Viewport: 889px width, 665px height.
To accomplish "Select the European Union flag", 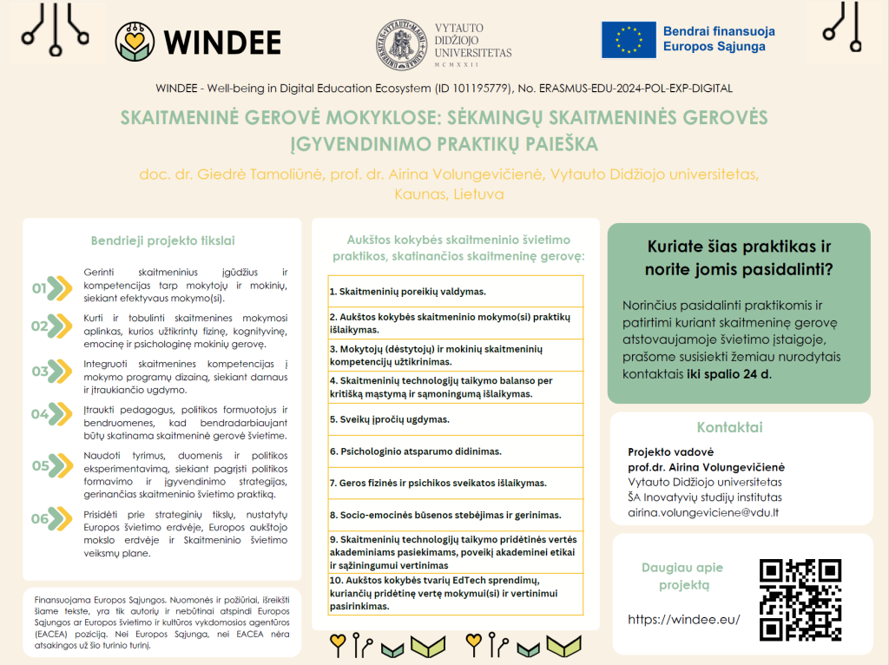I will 629,40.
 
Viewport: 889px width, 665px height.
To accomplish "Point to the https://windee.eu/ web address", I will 683,619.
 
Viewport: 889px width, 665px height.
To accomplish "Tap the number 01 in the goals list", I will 39,287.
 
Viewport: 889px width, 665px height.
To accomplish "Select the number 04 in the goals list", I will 39,413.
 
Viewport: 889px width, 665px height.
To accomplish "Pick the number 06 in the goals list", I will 39,519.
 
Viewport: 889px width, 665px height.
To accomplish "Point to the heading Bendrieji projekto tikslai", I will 162,240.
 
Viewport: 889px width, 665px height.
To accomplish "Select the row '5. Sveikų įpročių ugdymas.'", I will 456,419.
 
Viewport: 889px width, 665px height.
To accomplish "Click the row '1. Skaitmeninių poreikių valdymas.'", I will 456,291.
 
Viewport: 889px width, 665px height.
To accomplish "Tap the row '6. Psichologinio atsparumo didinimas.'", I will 456,451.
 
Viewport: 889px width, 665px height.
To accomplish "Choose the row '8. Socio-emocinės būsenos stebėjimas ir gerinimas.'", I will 456,515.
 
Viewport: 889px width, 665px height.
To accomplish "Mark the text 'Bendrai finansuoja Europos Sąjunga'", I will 719,39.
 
